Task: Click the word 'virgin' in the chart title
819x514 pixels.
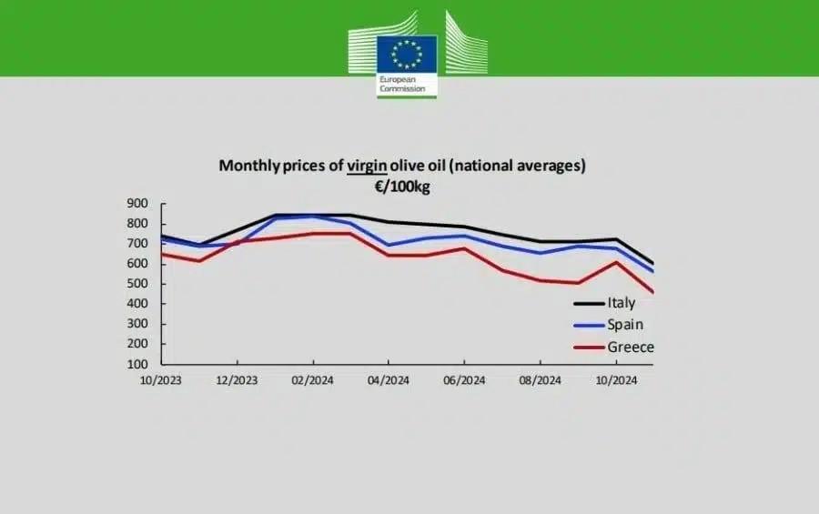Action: point(368,166)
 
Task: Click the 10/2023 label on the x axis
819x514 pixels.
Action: point(160,379)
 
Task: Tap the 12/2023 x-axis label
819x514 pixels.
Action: point(236,379)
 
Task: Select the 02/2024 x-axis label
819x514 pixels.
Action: point(312,379)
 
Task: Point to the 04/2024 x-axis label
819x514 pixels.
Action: point(388,379)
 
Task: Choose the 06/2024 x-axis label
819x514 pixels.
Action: point(463,379)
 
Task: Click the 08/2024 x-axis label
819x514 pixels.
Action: point(539,379)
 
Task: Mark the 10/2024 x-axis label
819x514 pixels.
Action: point(614,379)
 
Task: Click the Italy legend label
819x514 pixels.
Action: point(622,303)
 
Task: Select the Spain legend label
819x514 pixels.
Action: point(626,324)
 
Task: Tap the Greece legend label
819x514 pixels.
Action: point(631,347)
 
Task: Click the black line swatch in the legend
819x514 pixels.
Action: point(588,304)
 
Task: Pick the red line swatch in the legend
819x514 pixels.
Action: point(588,348)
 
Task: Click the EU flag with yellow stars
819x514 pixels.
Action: point(407,54)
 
